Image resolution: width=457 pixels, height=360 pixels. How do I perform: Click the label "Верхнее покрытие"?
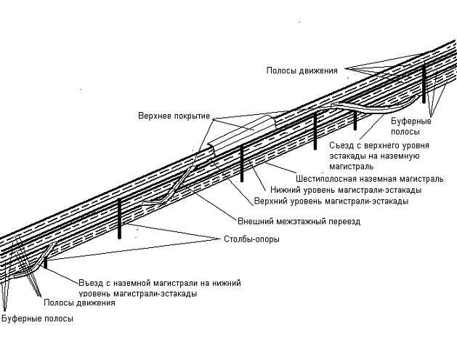(x=174, y=116)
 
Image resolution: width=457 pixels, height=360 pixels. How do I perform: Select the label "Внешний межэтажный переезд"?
(x=299, y=220)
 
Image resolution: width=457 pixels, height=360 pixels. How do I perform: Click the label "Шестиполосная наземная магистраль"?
(x=369, y=178)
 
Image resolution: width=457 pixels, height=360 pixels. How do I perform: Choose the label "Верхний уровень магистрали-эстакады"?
(x=331, y=200)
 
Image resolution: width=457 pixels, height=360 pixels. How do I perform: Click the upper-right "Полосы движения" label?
(x=302, y=70)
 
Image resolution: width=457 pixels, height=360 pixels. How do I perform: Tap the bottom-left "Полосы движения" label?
(x=79, y=303)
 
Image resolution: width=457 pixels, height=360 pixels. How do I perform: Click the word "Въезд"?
(x=89, y=283)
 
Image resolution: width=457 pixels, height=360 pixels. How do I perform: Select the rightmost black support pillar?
(x=424, y=84)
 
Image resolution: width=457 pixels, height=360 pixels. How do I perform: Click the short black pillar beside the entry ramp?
(x=45, y=261)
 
